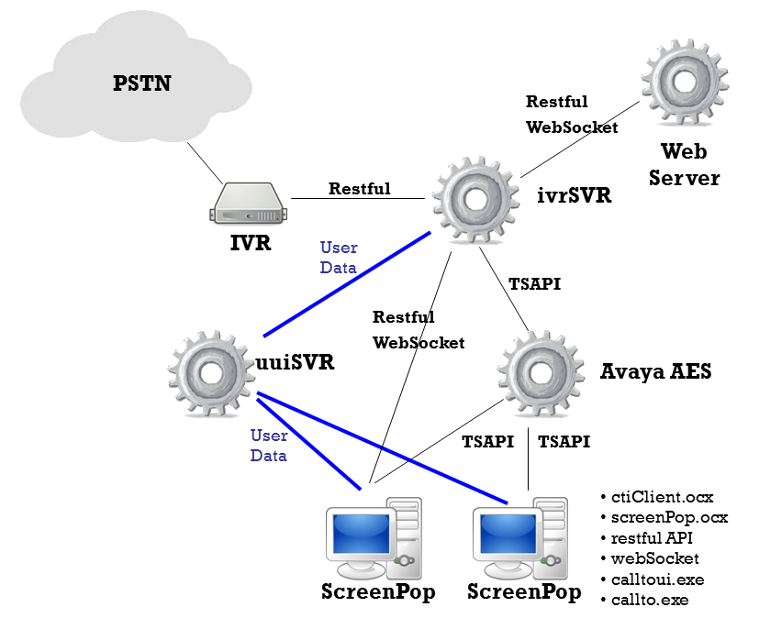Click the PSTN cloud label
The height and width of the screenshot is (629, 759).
pyautogui.click(x=142, y=84)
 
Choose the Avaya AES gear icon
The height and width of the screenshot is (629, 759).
pyautogui.click(x=543, y=373)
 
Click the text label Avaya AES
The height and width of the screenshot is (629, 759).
pyautogui.click(x=656, y=371)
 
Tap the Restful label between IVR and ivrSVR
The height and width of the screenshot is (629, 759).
pyautogui.click(x=360, y=189)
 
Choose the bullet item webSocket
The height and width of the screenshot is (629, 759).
pyautogui.click(x=654, y=558)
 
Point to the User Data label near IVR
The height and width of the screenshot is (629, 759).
pyautogui.click(x=339, y=258)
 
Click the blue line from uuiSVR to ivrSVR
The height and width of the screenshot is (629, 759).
pyautogui.click(x=346, y=284)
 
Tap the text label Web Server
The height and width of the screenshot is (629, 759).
pyautogui.click(x=685, y=163)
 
